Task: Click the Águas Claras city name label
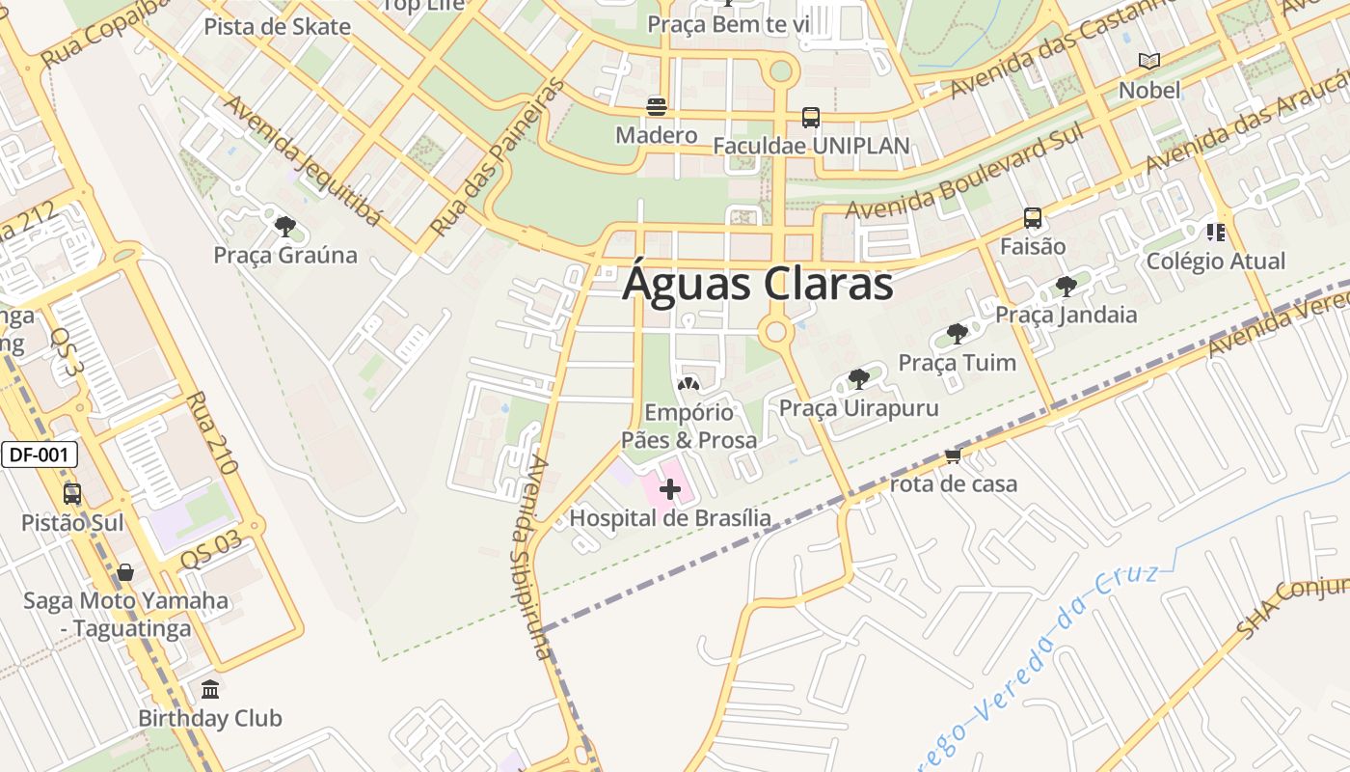pyautogui.click(x=757, y=285)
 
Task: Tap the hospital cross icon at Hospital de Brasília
pyautogui.click(x=669, y=490)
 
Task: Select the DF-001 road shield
pyautogui.click(x=39, y=455)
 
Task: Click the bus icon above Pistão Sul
pyautogui.click(x=72, y=494)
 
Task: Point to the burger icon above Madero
pyautogui.click(x=657, y=106)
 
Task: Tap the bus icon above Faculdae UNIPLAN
pyautogui.click(x=810, y=118)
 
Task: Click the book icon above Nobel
pyautogui.click(x=1148, y=62)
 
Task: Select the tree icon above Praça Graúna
pyautogui.click(x=284, y=227)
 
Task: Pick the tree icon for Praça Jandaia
pyautogui.click(x=1066, y=286)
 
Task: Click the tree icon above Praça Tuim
pyautogui.click(x=957, y=334)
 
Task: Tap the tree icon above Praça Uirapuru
pyautogui.click(x=858, y=379)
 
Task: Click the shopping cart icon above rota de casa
pyautogui.click(x=953, y=455)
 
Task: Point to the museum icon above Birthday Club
pyautogui.click(x=210, y=689)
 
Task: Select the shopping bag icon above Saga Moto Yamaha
pyautogui.click(x=125, y=572)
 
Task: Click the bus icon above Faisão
pyautogui.click(x=1032, y=218)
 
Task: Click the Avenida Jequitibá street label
pyautogui.click(x=302, y=159)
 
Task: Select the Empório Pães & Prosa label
pyautogui.click(x=688, y=426)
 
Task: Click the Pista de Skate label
pyautogui.click(x=277, y=26)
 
